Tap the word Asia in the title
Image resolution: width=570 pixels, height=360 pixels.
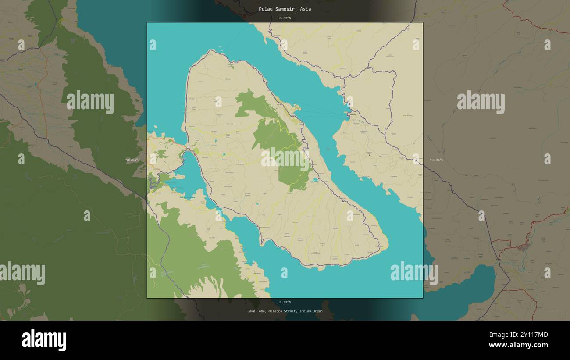306,9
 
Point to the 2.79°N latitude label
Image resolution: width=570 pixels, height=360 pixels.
285,18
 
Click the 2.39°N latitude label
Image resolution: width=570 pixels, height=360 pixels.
285,302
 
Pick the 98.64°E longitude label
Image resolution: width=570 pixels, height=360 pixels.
133,160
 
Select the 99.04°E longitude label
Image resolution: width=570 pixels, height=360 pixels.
436,160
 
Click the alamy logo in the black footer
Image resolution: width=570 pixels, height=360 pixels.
44,340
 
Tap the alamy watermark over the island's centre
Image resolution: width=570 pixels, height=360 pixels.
285,159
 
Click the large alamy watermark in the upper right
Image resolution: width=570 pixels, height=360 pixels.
481,102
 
